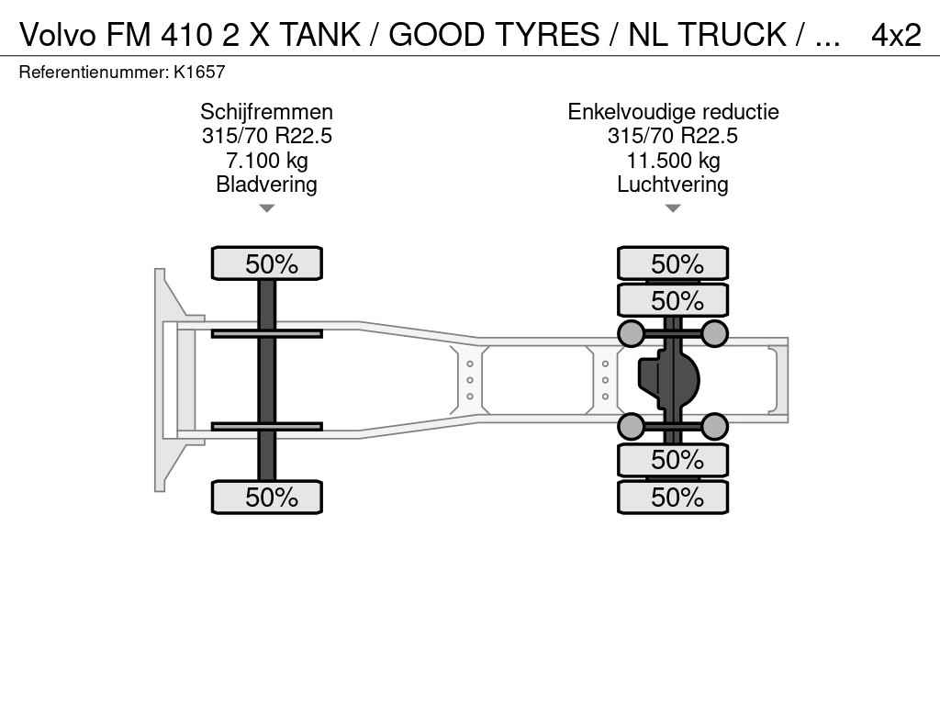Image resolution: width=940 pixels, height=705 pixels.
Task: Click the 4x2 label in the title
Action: [x=896, y=35]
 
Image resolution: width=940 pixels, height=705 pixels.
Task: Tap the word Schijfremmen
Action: [x=267, y=112]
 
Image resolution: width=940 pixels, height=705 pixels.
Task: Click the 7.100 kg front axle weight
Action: [x=267, y=161]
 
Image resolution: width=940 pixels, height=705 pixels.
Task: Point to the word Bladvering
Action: [x=267, y=185]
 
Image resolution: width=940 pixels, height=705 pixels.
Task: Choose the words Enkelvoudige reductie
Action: [x=673, y=112]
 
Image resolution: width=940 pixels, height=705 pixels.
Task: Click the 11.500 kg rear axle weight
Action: [x=673, y=161]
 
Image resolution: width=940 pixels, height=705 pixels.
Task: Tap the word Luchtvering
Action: [x=673, y=185]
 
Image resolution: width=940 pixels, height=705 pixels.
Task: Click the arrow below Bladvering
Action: [x=267, y=208]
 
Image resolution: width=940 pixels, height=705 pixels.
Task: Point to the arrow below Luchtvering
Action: [x=673, y=208]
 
